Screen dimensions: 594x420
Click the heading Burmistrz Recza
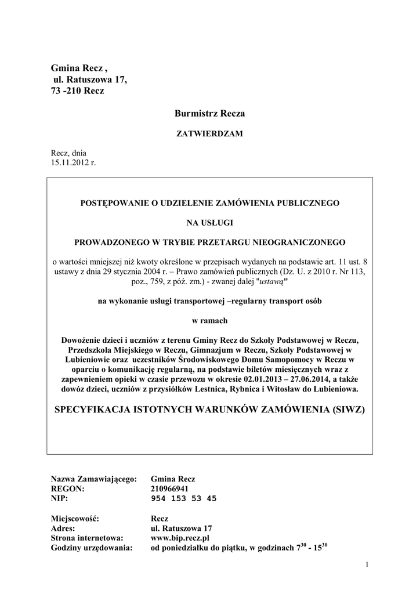(x=210, y=114)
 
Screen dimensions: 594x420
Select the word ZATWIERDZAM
(x=209, y=134)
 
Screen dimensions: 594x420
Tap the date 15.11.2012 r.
(x=74, y=163)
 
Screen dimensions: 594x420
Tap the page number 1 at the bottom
(x=368, y=565)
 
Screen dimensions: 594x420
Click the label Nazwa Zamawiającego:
(x=94, y=479)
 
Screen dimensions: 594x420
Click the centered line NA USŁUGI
(x=209, y=222)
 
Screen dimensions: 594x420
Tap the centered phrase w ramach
(x=209, y=320)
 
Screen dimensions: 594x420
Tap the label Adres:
(x=63, y=528)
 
